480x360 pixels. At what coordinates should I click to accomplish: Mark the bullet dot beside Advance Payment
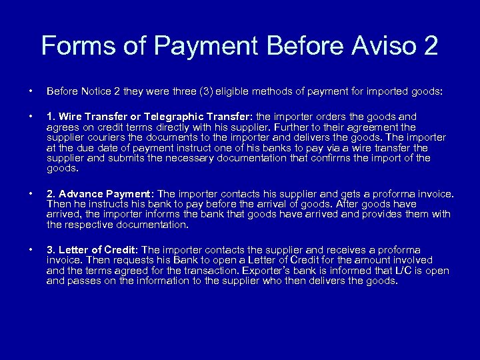(31, 194)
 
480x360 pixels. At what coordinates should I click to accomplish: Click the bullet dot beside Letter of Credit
(31, 250)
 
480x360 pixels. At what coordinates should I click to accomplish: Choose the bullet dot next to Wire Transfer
(31, 117)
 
